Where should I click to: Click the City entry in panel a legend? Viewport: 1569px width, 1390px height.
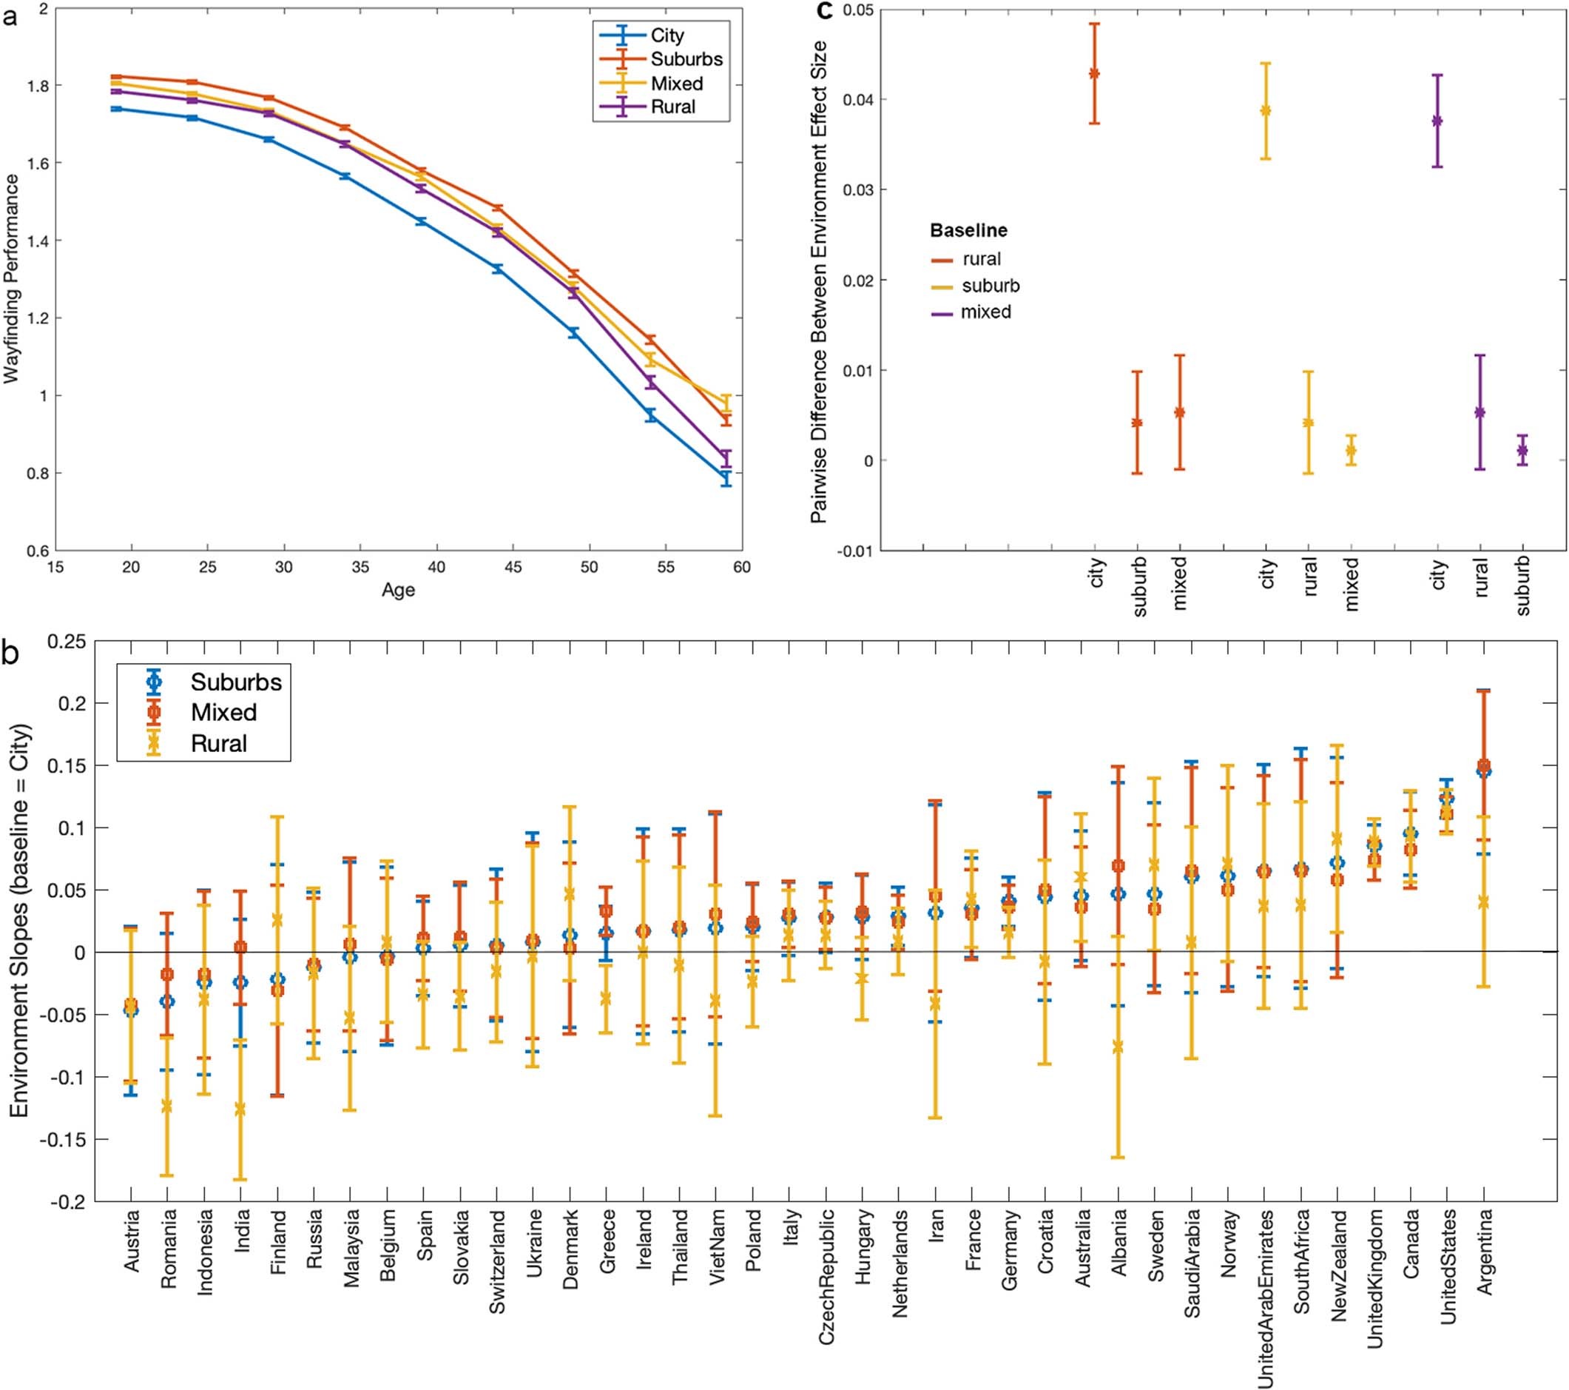click(x=667, y=36)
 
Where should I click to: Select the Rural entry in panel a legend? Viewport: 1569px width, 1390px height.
click(x=672, y=107)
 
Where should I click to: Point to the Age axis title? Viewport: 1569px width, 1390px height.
click(x=399, y=590)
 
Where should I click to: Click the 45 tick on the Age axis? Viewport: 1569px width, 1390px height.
click(x=513, y=568)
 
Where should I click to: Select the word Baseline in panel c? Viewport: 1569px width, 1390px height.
click(x=968, y=230)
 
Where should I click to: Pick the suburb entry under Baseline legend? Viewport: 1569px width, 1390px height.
click(x=991, y=286)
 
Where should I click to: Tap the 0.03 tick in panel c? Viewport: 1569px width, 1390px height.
click(x=858, y=189)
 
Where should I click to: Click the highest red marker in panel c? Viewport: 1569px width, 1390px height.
click(x=1094, y=74)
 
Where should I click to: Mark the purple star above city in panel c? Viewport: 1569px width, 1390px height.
click(x=1437, y=121)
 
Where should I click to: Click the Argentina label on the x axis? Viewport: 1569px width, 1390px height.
click(x=1485, y=1252)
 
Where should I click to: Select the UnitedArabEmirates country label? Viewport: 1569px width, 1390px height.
click(x=1265, y=1297)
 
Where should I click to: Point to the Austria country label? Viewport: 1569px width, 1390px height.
click(x=131, y=1240)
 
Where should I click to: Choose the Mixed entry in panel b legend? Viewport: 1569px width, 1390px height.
click(x=223, y=712)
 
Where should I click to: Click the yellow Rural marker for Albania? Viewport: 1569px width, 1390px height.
click(x=1118, y=1047)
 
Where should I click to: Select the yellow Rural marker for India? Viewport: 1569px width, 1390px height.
click(x=240, y=1109)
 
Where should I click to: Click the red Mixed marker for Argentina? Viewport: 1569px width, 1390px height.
click(x=1484, y=765)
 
